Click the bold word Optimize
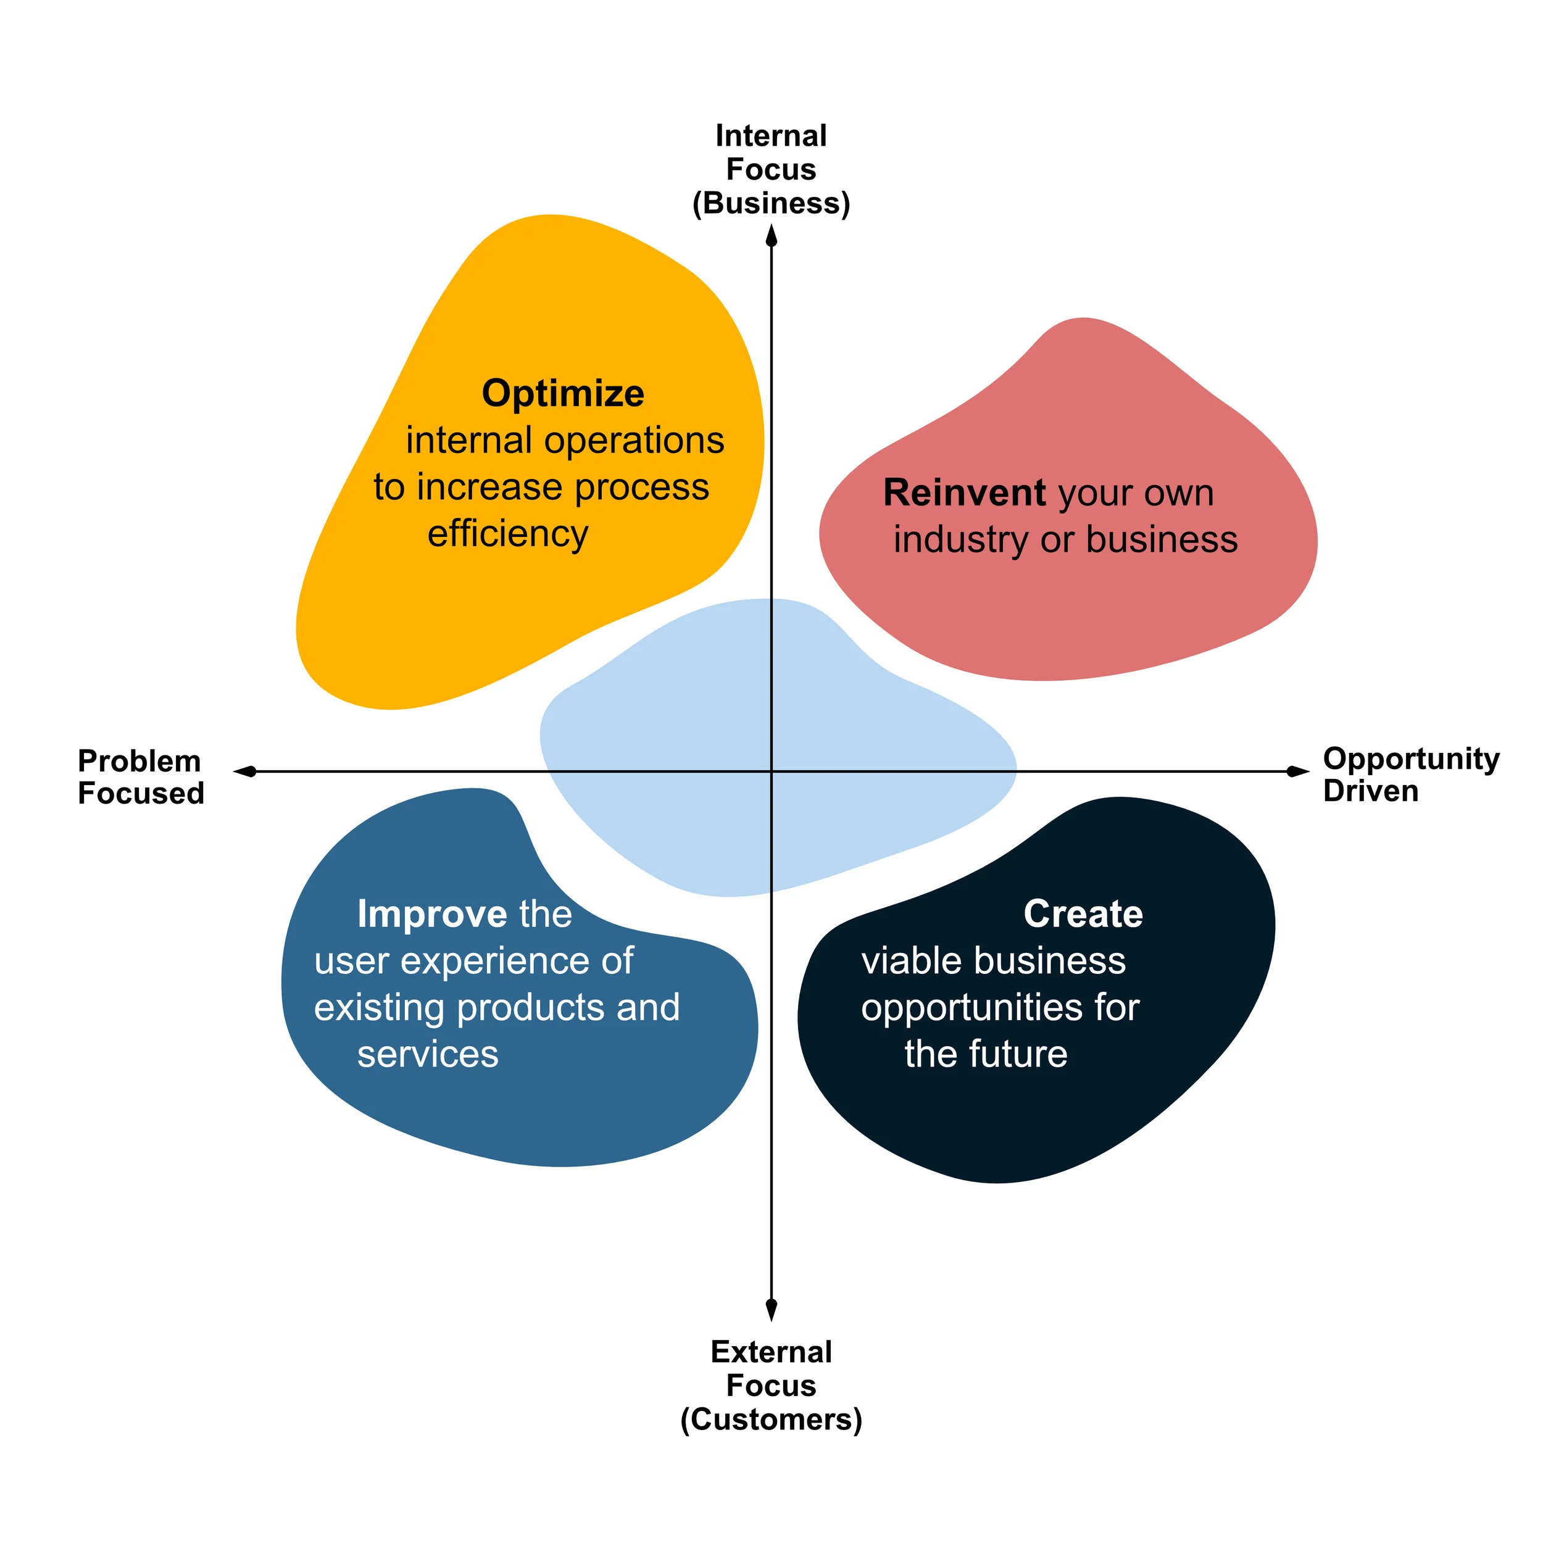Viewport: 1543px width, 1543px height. coord(562,394)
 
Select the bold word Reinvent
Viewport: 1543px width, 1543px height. coord(964,493)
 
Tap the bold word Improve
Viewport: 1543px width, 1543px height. coord(432,915)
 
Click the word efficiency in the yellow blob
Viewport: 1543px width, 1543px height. coord(508,533)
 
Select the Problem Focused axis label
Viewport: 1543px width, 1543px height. coord(141,777)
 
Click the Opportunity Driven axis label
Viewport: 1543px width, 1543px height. coord(1410,775)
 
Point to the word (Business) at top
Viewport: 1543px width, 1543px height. coord(771,203)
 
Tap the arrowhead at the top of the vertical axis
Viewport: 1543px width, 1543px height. coord(771,236)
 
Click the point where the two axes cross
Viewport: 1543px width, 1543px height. coord(771,771)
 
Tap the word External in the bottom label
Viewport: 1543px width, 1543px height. coord(771,1352)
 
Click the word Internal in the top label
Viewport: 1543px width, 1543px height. coord(771,136)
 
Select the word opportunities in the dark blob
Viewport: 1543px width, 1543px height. coord(971,1008)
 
